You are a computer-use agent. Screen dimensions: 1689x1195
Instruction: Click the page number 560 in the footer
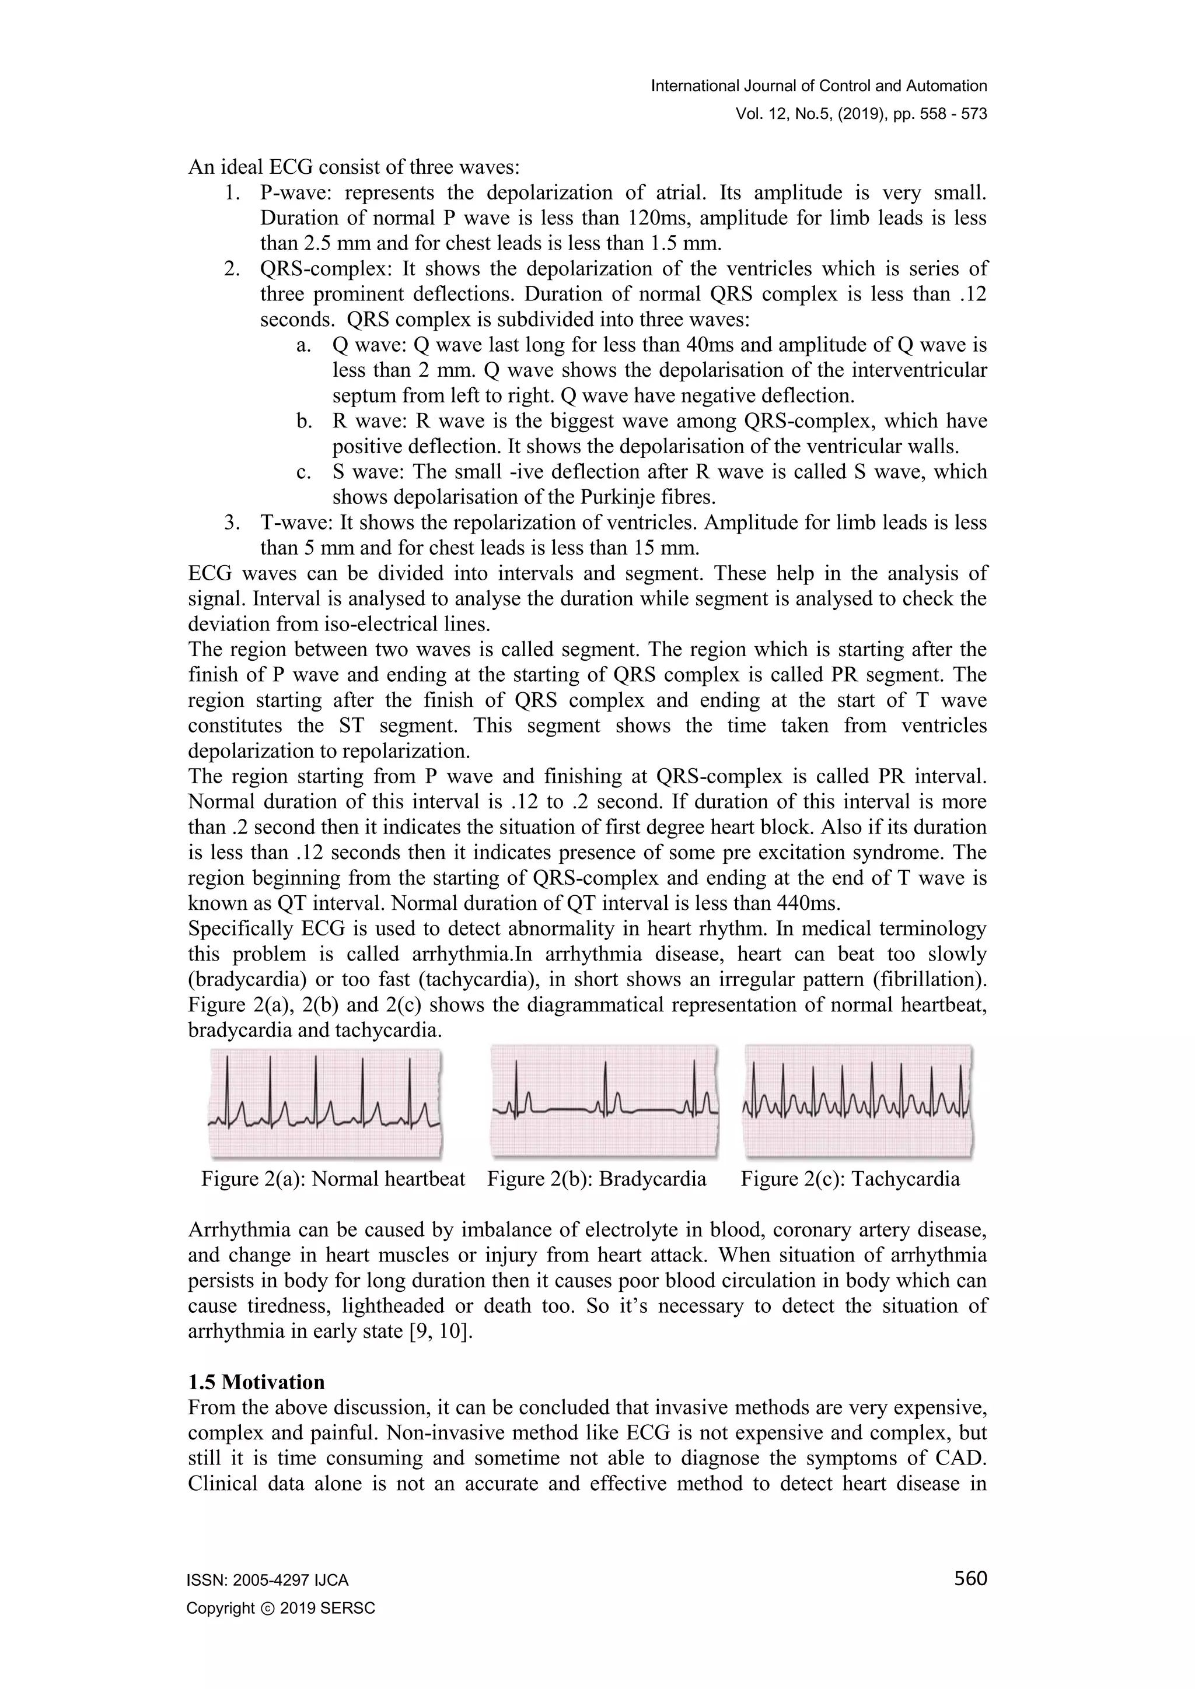tap(970, 1579)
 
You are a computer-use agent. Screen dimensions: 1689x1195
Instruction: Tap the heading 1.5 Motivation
tap(256, 1382)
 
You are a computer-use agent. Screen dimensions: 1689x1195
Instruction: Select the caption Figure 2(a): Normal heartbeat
tap(333, 1179)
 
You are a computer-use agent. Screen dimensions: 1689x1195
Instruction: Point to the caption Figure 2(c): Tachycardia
tap(850, 1179)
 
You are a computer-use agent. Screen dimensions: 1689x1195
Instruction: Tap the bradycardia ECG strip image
tap(604, 1101)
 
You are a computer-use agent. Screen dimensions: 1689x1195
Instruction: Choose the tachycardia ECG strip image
tap(858, 1101)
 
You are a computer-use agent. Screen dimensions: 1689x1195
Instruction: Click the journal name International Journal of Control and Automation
tap(819, 86)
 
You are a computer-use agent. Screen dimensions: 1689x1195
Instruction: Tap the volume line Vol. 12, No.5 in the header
tap(861, 114)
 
